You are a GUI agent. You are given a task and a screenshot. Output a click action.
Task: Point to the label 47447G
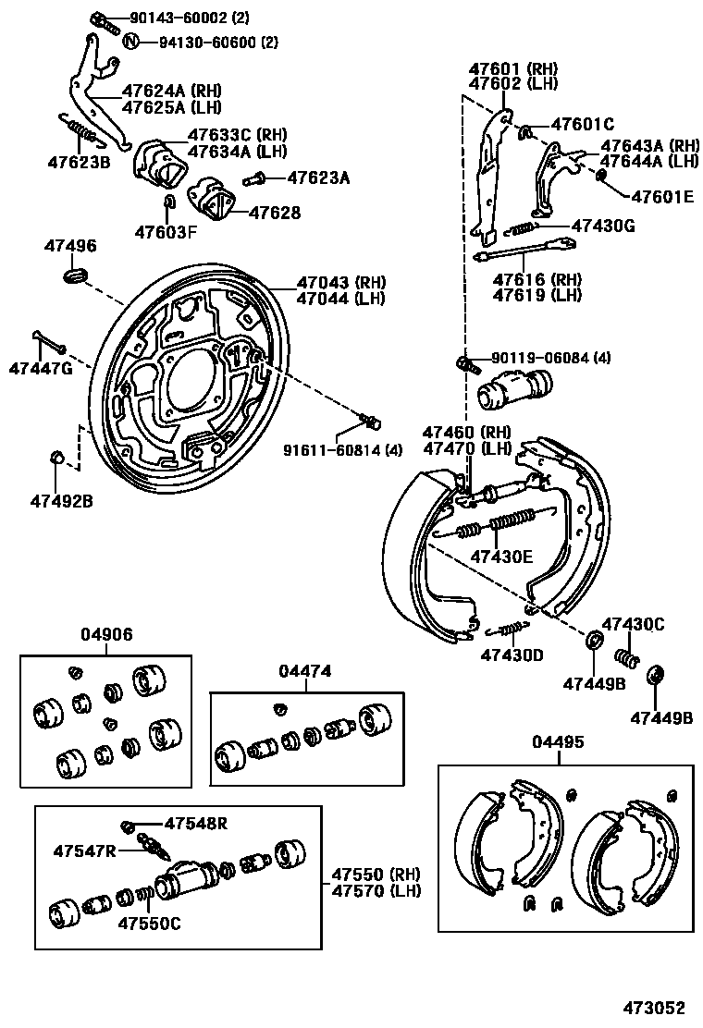click(x=41, y=369)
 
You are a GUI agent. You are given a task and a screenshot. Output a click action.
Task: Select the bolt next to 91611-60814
click(x=372, y=423)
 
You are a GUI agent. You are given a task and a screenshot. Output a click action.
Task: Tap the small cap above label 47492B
click(x=56, y=456)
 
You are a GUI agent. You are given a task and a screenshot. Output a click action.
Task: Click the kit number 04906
click(x=105, y=634)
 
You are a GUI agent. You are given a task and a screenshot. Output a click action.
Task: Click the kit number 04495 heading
click(x=558, y=742)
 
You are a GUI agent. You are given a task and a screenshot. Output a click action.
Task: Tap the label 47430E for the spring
click(x=501, y=557)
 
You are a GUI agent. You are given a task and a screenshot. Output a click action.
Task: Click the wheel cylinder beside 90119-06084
click(x=513, y=387)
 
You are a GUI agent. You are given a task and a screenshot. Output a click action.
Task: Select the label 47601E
click(x=661, y=196)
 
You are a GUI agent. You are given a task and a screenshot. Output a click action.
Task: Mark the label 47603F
click(x=166, y=231)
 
